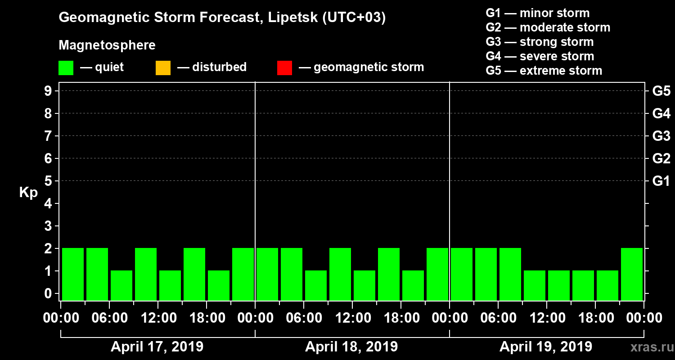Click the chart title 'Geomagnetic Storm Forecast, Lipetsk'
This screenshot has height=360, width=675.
(x=222, y=18)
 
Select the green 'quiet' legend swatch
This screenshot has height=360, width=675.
(x=66, y=67)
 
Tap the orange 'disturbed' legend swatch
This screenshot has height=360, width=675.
(x=163, y=67)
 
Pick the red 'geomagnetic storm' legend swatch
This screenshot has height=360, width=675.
(x=284, y=67)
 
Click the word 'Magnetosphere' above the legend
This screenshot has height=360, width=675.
(x=107, y=45)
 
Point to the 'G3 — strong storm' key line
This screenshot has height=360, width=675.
(x=540, y=42)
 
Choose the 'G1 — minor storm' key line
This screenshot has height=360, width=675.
(x=537, y=13)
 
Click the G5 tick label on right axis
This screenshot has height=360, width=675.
(x=661, y=91)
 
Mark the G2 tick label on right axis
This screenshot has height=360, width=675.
(x=661, y=159)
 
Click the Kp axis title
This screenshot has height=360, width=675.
(x=28, y=193)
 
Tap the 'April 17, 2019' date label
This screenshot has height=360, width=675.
(x=157, y=347)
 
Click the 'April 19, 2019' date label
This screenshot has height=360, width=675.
(x=546, y=347)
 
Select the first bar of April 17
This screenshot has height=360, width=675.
(x=73, y=274)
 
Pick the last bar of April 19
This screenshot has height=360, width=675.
(x=631, y=274)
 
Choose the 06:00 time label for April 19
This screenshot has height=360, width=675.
(x=498, y=318)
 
